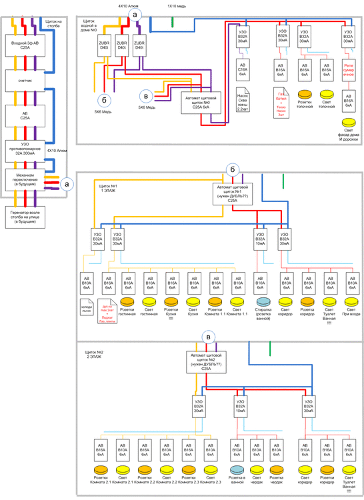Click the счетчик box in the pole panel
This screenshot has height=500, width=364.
coord(25,81)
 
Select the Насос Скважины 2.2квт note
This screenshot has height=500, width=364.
coord(243,99)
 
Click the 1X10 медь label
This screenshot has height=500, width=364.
coord(176,5)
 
